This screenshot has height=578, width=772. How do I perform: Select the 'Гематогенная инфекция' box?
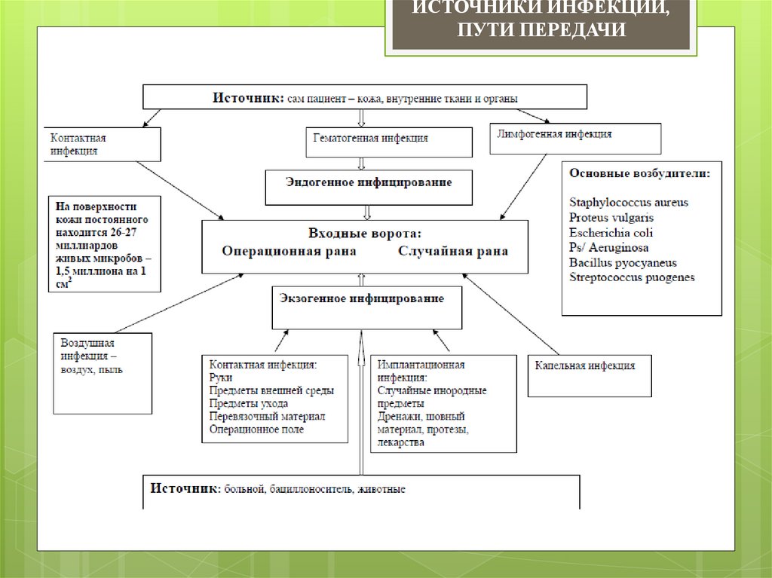tap(389, 142)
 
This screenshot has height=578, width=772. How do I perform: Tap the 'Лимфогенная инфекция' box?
tap(575, 137)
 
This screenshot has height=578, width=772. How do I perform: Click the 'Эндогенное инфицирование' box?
tap(369, 185)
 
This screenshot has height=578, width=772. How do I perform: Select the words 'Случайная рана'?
tap(453, 252)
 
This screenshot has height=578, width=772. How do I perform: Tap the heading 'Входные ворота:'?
tap(364, 233)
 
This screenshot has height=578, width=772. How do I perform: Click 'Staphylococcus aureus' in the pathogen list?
tap(629, 203)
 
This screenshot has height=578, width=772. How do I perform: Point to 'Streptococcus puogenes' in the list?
tap(632, 278)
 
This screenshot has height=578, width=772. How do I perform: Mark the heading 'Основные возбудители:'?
tap(640, 173)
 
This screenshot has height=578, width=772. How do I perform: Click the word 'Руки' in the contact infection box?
tap(221, 377)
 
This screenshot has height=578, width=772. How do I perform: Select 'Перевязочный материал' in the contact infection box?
tap(267, 416)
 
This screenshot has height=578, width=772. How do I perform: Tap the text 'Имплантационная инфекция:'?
tap(422, 371)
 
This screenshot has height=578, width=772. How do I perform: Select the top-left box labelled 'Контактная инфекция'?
tap(101, 144)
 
